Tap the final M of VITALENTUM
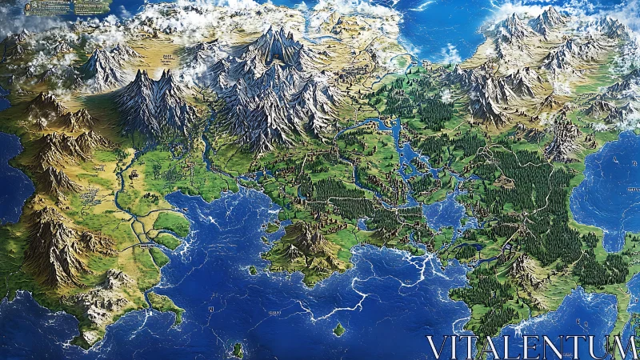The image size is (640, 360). tap(627, 348)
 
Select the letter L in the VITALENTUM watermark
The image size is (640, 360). tap(507, 348)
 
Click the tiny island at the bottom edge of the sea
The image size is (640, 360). tap(238, 349)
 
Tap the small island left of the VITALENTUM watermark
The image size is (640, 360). tap(339, 328)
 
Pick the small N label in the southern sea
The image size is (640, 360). tap(210, 309)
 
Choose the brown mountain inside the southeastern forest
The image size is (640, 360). tap(524, 272)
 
